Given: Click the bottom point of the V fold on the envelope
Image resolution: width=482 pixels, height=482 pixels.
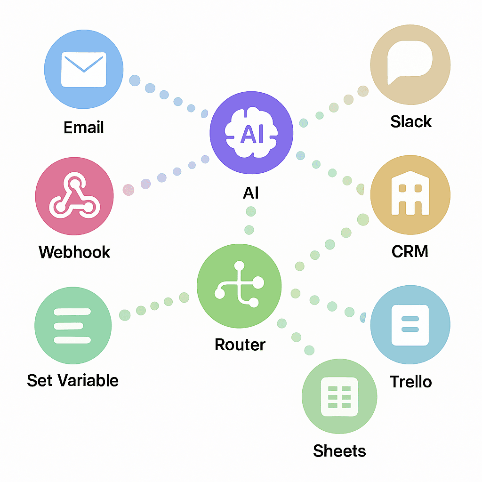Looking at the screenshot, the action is pyautogui.click(x=84, y=72).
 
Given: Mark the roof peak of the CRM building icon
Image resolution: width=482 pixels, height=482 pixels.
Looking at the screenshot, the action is pyautogui.click(x=410, y=171).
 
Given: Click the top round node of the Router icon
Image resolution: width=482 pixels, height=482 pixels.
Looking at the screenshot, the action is pyautogui.click(x=239, y=265).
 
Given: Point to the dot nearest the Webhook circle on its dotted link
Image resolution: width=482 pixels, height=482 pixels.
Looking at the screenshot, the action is pyautogui.click(x=129, y=190).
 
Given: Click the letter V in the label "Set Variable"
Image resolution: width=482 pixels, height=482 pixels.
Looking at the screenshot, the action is pyautogui.click(x=64, y=380).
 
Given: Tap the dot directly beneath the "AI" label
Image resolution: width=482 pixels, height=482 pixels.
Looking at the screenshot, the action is pyautogui.click(x=251, y=211).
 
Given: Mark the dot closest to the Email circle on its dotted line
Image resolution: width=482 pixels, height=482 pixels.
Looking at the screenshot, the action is pyautogui.click(x=135, y=80).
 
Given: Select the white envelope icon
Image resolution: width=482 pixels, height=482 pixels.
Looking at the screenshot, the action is pyautogui.click(x=84, y=70).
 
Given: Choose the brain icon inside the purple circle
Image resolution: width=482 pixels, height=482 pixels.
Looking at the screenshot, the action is pyautogui.click(x=251, y=132).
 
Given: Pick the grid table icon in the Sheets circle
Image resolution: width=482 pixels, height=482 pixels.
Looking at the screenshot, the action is pyautogui.click(x=339, y=396).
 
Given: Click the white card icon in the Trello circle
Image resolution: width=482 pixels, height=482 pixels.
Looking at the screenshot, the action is pyautogui.click(x=410, y=325).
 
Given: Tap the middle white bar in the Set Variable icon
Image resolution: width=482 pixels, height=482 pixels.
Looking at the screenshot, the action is pyautogui.click(x=69, y=326).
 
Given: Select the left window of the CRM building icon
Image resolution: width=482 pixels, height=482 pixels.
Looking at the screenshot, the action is pyautogui.click(x=402, y=188).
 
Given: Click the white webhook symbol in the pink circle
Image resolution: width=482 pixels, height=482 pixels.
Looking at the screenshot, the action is pyautogui.click(x=75, y=195).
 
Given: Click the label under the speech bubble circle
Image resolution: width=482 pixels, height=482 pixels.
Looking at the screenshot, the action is pyautogui.click(x=410, y=121).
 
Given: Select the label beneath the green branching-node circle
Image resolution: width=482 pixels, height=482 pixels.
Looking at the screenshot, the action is pyautogui.click(x=240, y=345).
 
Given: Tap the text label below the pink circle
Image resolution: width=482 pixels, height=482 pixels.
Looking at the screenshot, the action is pyautogui.click(x=74, y=252).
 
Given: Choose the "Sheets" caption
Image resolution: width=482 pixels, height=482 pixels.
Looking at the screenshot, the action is pyautogui.click(x=339, y=451).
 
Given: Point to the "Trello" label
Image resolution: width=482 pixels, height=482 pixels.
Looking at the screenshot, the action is pyautogui.click(x=410, y=382).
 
